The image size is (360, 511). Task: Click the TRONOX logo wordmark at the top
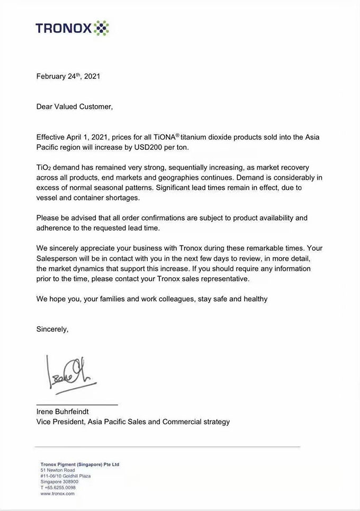click(64, 28)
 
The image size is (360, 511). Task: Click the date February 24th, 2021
click(68, 76)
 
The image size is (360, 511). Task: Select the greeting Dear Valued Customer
click(75, 106)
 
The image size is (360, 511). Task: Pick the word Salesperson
click(57, 258)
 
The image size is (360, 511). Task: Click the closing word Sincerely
click(52, 329)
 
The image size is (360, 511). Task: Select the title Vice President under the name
click(59, 422)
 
